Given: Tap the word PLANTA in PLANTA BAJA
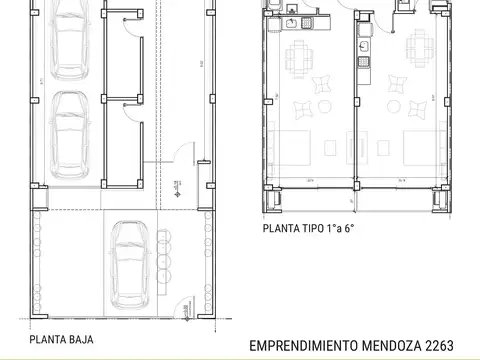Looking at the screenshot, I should click(x=48, y=339).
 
